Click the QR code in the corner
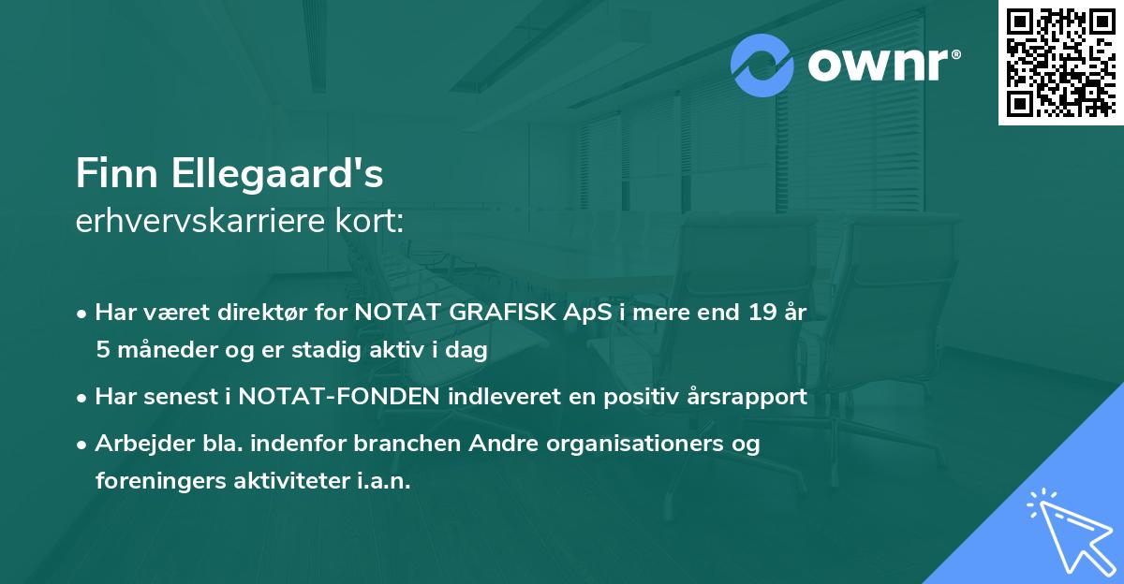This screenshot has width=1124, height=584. pos(1061,62)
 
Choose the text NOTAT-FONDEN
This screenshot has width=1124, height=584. pos(339,397)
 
